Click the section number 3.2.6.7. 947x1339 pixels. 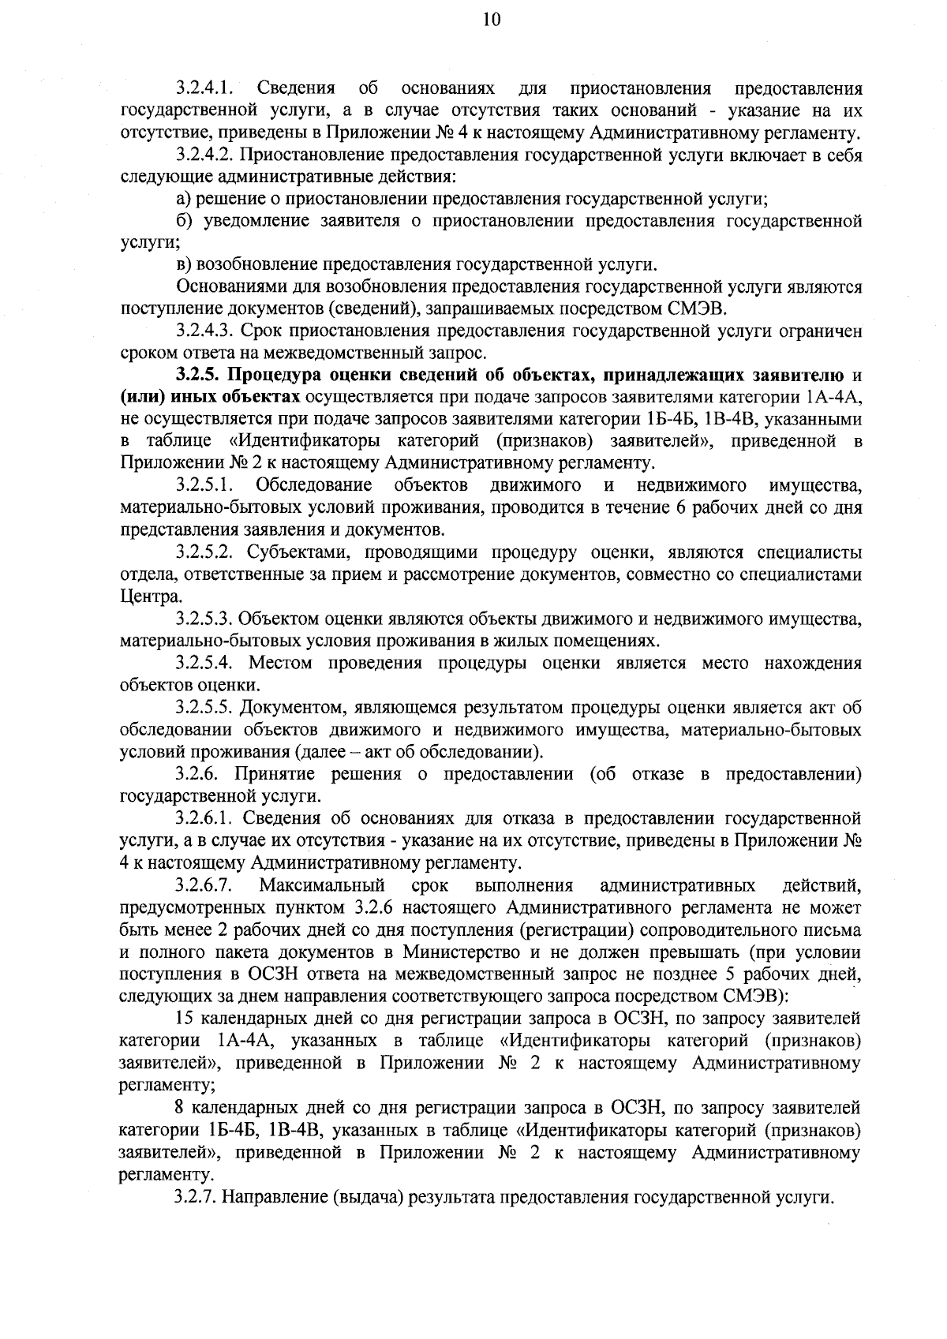(204, 885)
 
